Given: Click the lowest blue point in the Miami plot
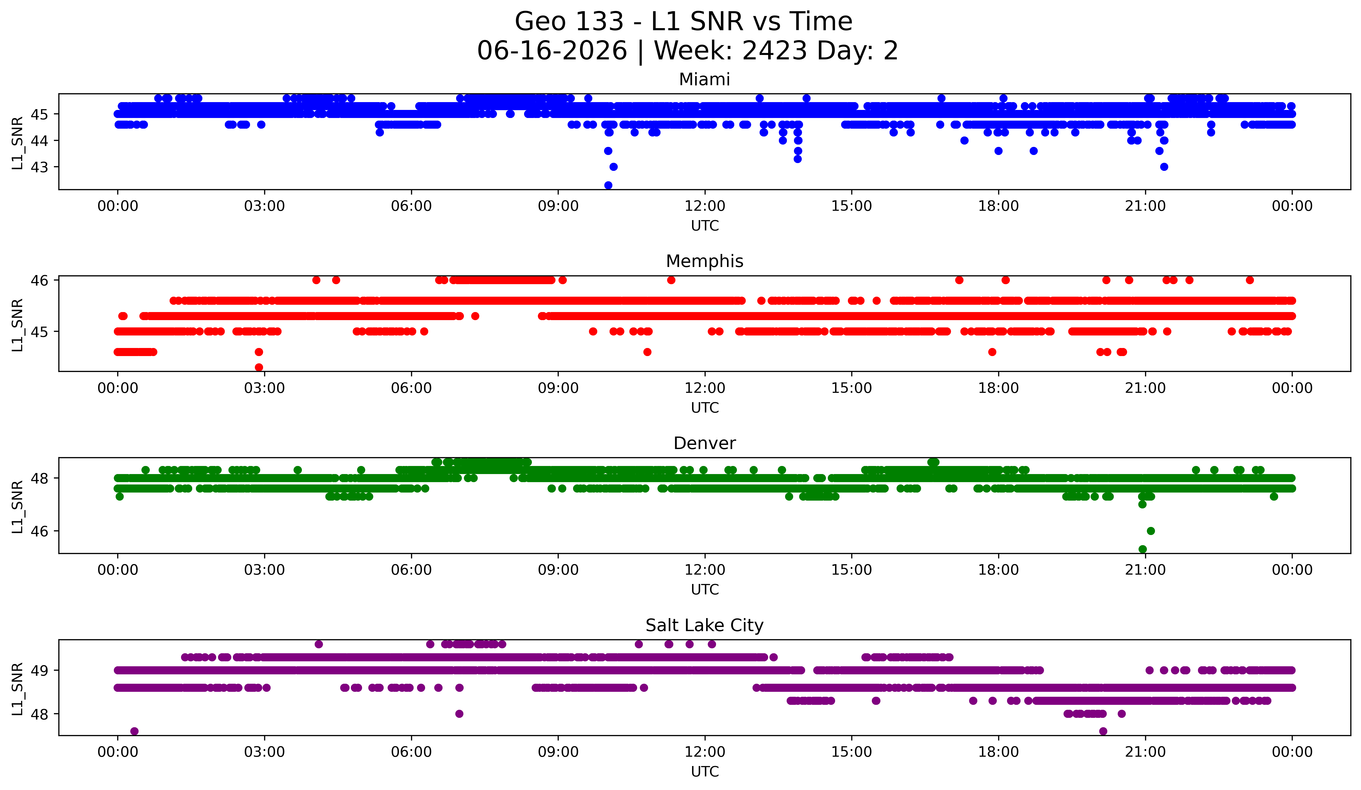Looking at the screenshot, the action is coord(608,185).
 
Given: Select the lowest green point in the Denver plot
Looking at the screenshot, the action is coord(1142,549).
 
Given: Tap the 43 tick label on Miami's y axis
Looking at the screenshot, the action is coord(39,167).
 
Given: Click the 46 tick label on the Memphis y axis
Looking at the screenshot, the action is coord(39,280).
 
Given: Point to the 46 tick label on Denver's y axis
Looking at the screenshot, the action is coord(39,531).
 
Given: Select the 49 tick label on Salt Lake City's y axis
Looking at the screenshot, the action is coord(39,671).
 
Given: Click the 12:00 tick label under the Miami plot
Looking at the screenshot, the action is coord(705,206).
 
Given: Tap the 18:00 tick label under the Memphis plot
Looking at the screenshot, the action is coord(999,388).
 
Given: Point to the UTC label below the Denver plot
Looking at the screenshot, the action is coord(705,590).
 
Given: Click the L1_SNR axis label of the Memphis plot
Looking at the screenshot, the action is coord(17,325).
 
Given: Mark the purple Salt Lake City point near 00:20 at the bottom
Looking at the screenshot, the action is coord(134,731).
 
